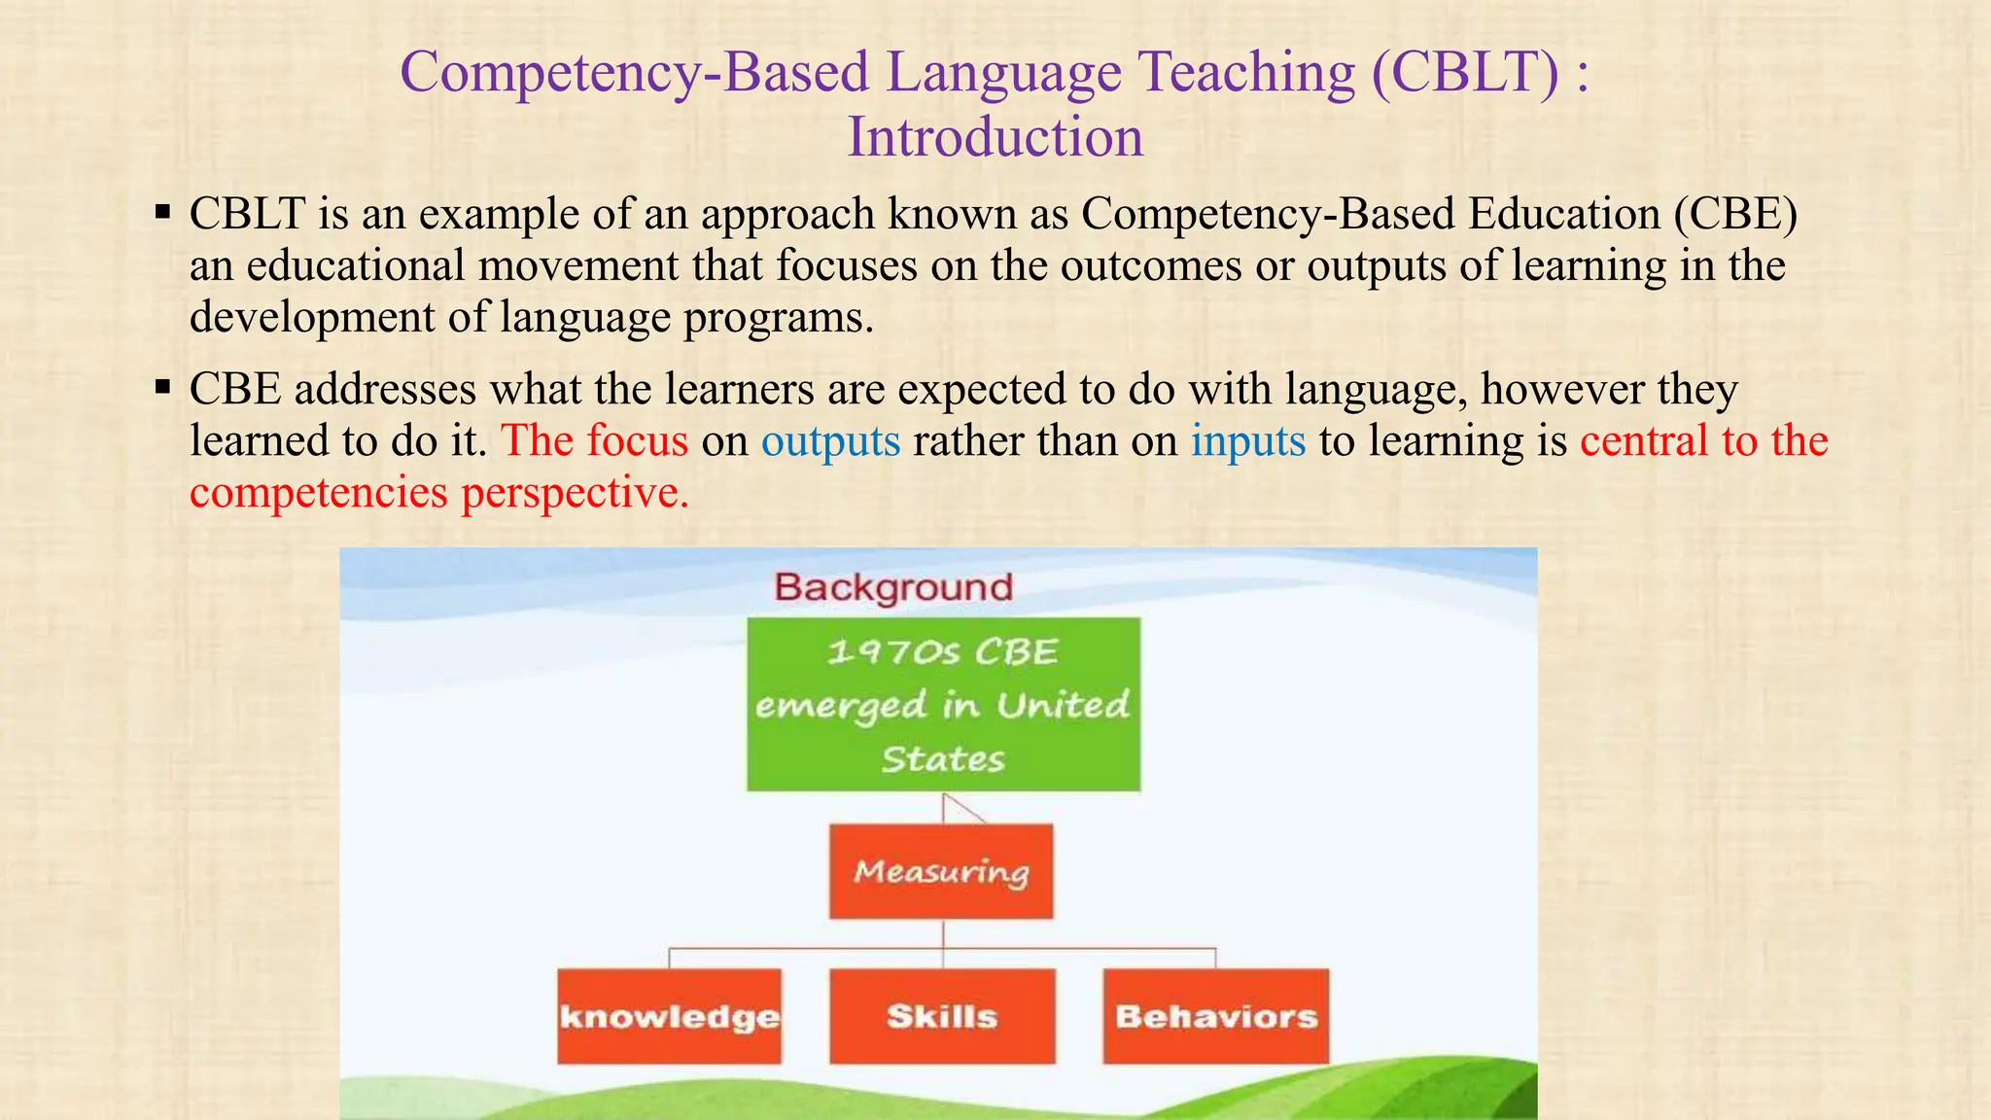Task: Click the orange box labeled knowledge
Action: point(669,1016)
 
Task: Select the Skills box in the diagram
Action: point(942,1016)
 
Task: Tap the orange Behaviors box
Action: point(1216,1016)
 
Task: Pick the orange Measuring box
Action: point(941,871)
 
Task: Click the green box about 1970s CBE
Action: point(943,704)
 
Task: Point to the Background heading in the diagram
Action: point(893,587)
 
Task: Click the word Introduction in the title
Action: point(995,136)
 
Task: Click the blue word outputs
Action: point(830,440)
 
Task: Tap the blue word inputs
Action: point(1248,440)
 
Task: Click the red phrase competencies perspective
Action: point(438,492)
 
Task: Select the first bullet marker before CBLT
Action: point(162,211)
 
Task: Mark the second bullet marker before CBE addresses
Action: point(162,388)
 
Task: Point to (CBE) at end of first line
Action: point(1735,214)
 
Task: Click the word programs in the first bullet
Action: point(772,318)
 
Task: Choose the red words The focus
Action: point(594,440)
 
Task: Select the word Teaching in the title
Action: point(1246,72)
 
